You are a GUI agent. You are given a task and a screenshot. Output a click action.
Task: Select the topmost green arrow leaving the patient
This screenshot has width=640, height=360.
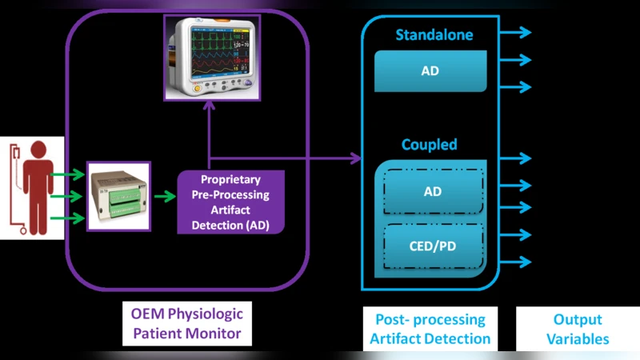[x=68, y=174]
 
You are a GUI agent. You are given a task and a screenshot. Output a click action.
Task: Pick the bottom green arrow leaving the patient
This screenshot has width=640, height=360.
[x=68, y=217]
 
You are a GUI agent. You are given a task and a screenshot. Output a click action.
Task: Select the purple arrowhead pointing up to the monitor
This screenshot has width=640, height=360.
[x=210, y=110]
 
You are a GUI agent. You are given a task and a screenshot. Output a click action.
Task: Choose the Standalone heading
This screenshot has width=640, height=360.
[x=434, y=35]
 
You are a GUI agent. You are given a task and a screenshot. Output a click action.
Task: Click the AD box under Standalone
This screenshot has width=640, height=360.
[x=430, y=71]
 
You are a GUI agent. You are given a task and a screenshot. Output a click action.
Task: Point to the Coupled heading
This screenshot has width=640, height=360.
[x=430, y=145]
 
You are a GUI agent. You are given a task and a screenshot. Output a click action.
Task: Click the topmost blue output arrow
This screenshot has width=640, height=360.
[x=516, y=32]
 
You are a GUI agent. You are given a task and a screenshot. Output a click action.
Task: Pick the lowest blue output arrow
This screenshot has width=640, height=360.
[x=516, y=262]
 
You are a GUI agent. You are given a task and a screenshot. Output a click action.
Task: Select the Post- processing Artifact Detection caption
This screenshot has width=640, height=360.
[x=430, y=328]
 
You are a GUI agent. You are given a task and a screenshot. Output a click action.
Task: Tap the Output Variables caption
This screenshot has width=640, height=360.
[x=577, y=328]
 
